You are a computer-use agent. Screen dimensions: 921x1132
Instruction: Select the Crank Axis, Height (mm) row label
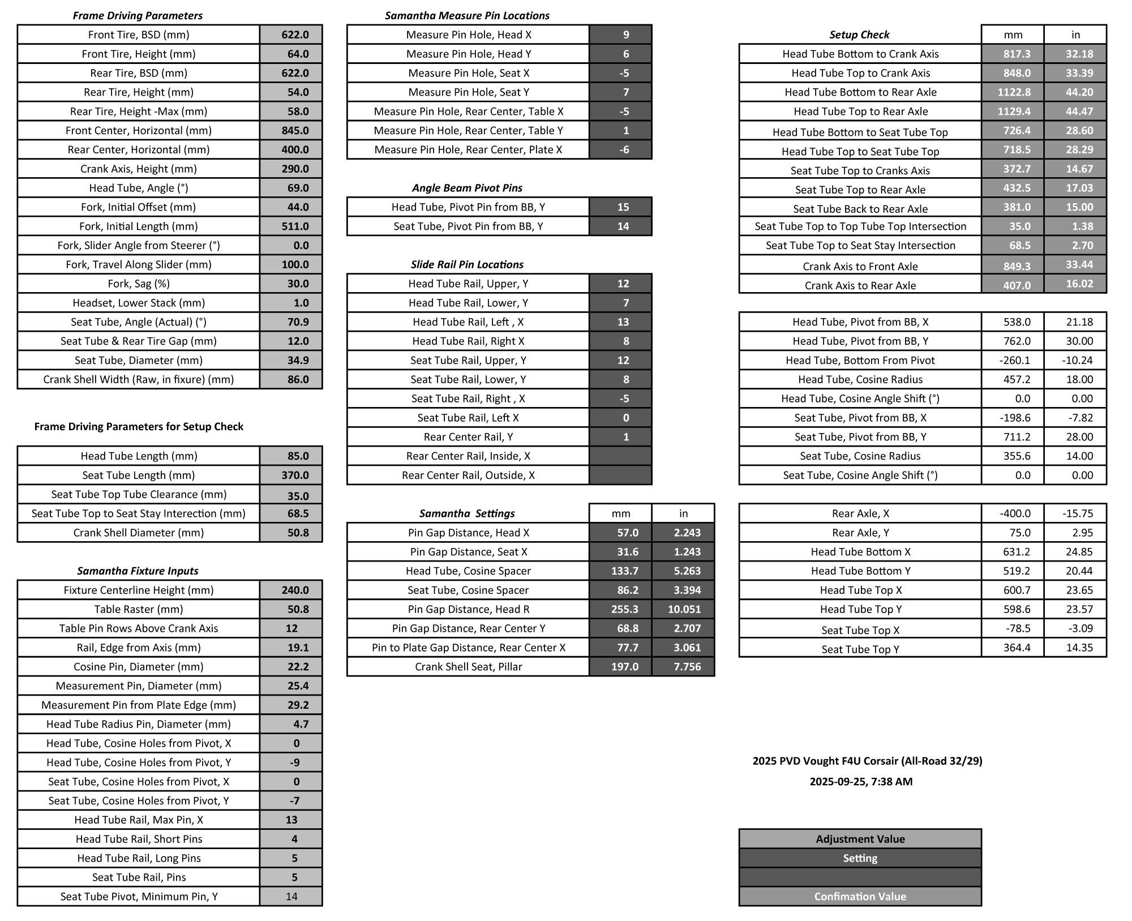pos(139,169)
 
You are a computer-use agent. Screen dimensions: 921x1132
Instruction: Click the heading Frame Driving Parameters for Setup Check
pos(139,426)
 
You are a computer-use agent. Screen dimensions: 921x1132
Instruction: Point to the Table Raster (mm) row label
pos(139,609)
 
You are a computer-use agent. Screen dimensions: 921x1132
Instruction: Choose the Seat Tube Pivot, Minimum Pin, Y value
pos(291,896)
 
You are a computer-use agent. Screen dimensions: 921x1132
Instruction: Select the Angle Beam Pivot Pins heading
pos(467,188)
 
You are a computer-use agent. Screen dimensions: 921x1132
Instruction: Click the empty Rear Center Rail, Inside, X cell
pos(620,456)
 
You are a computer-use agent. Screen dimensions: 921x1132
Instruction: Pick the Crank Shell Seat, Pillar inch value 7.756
pos(683,667)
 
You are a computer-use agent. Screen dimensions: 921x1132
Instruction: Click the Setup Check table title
pos(859,35)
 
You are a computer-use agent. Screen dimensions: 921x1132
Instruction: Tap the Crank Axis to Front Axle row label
pos(860,267)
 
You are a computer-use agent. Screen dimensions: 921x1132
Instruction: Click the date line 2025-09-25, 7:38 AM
pos(861,782)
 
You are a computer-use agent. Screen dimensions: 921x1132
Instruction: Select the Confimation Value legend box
pos(860,896)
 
